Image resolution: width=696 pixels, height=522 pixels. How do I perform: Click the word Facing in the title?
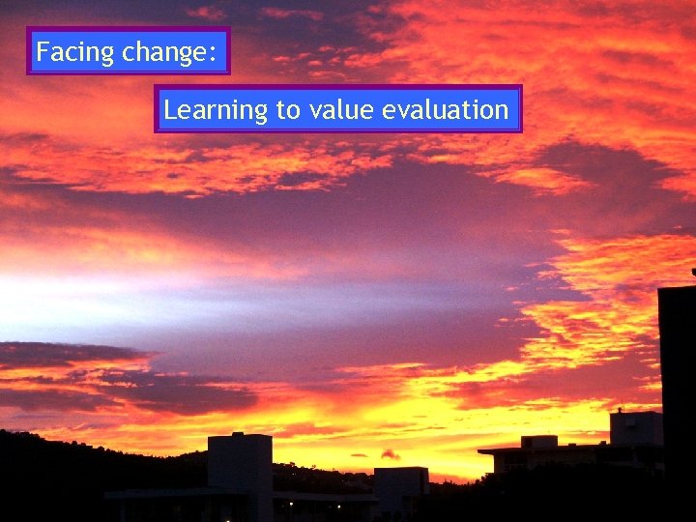tap(75, 52)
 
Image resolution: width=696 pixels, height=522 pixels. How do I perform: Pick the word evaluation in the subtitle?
tap(445, 110)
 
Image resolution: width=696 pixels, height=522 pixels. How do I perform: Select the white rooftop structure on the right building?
tap(635, 428)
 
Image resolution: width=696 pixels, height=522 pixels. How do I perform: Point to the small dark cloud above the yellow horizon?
tap(390, 453)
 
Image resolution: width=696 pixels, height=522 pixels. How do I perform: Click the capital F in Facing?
tap(43, 51)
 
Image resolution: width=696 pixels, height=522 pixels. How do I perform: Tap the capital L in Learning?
tap(169, 109)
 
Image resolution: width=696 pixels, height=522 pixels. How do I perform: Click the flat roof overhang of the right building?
tap(541, 450)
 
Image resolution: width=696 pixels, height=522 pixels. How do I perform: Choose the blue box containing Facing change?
tap(129, 51)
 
